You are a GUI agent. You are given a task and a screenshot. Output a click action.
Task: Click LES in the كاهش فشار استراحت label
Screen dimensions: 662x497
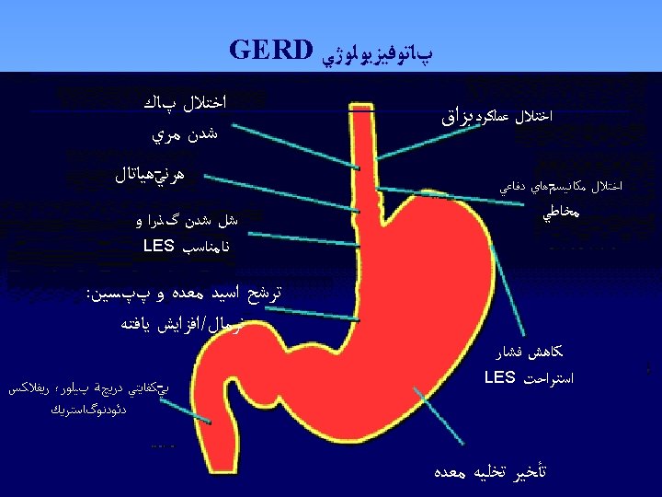pos(499,376)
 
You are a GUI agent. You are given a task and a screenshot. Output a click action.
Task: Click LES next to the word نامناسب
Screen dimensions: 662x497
pos(159,246)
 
